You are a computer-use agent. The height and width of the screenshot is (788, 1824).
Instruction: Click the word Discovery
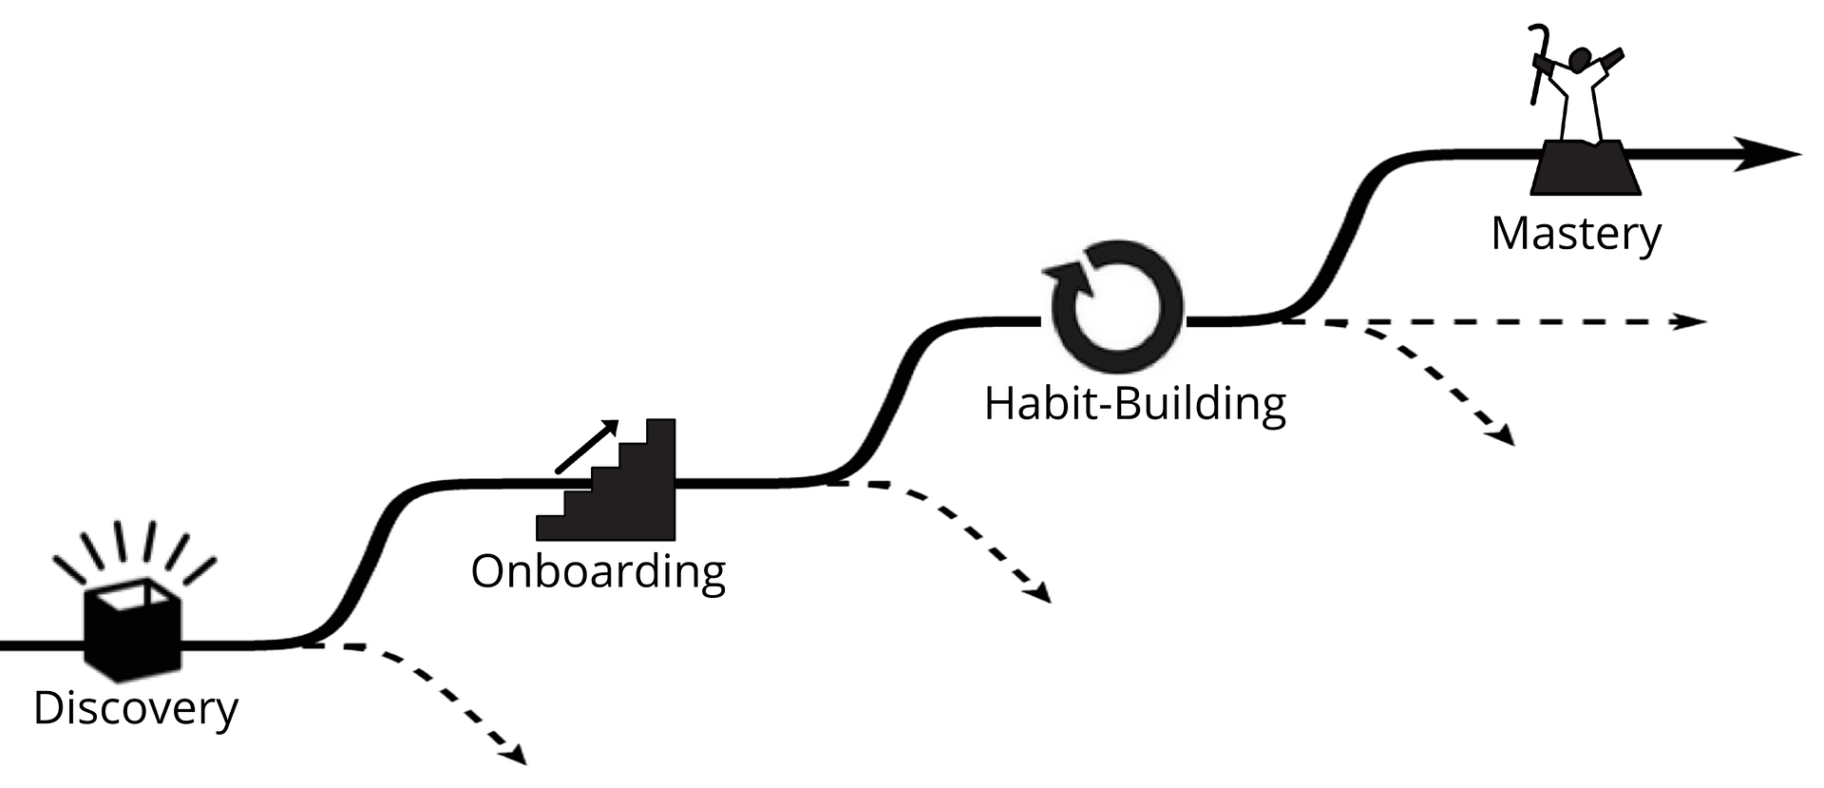pos(135,709)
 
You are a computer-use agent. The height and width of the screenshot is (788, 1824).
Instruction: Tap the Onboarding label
pos(598,571)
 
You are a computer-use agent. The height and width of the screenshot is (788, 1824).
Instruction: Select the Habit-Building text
pos(1134,403)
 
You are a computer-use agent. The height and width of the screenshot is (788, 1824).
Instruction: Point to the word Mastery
pos(1576,234)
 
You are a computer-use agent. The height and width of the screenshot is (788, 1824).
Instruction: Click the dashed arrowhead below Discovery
pos(515,757)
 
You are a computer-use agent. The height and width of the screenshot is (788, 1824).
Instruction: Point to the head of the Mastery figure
pos(1581,59)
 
